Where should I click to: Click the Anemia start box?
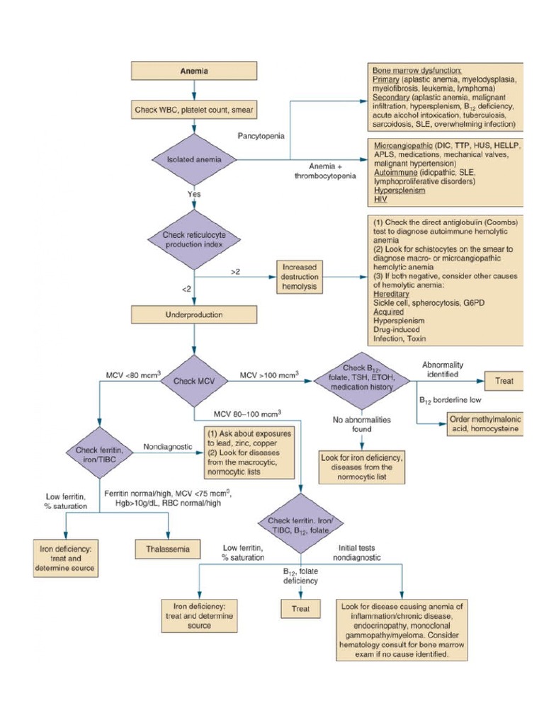click(193, 72)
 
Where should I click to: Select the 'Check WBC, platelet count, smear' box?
click(193, 110)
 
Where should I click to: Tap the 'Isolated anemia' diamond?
click(193, 159)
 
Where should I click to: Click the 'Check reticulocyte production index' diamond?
click(193, 239)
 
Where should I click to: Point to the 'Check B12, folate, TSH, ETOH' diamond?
click(363, 382)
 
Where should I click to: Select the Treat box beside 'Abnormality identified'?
click(504, 381)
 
